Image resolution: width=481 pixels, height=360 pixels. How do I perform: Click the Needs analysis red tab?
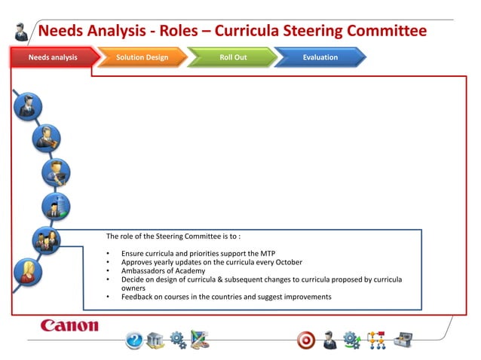click(53, 57)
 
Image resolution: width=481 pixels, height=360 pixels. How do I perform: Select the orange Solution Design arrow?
click(142, 57)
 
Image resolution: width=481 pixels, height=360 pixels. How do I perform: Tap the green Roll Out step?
click(232, 57)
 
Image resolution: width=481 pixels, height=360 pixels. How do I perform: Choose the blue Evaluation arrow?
click(320, 57)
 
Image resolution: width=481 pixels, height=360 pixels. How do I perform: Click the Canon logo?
click(69, 325)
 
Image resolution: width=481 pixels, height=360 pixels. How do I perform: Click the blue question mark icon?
click(134, 340)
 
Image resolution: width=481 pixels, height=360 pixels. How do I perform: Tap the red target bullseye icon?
click(306, 340)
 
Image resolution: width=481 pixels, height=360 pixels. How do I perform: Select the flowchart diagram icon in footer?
click(376, 340)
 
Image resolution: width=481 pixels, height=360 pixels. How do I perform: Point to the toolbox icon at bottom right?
click(404, 340)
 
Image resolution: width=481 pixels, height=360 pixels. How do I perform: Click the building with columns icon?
click(155, 340)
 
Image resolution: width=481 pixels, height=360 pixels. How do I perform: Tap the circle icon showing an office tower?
click(56, 205)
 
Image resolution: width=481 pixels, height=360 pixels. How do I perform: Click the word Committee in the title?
click(386, 31)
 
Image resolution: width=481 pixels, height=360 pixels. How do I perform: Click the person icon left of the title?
click(22, 32)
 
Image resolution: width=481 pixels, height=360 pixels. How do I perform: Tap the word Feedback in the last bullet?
click(137, 297)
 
